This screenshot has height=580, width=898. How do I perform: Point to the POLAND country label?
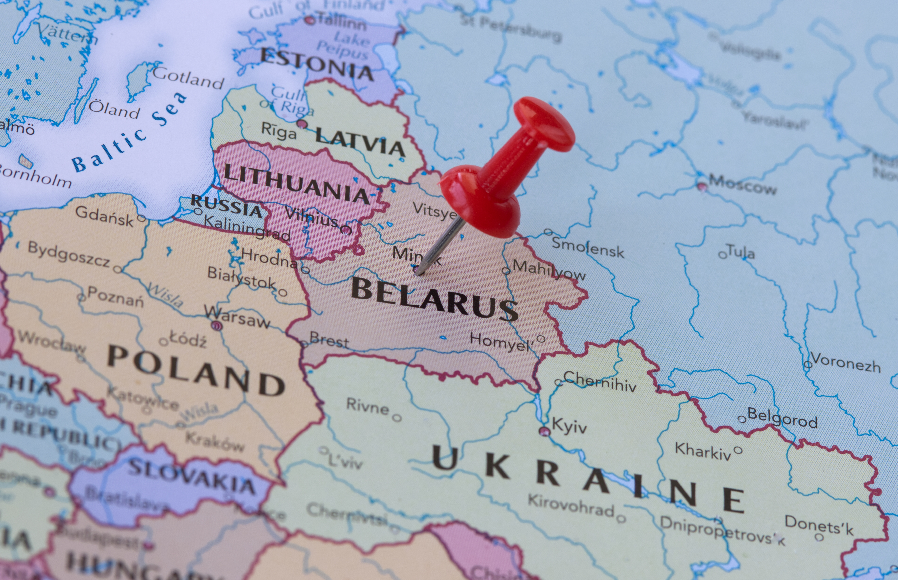tap(196, 371)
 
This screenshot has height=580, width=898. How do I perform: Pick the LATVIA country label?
tap(360, 141)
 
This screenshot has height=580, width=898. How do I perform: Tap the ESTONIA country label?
tap(317, 64)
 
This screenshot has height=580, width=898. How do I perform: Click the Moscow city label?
tap(743, 185)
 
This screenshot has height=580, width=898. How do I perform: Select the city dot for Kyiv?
tap(544, 431)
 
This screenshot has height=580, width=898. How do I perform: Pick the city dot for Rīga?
tap(302, 123)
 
